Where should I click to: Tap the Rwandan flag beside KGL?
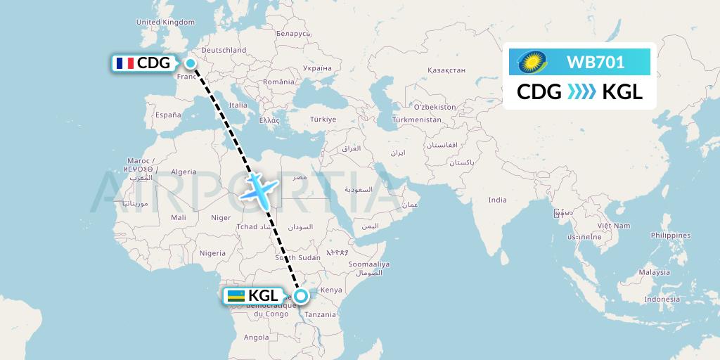[236, 296]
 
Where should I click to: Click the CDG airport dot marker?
[190, 63]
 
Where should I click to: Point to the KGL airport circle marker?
[300, 296]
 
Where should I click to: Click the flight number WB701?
[596, 63]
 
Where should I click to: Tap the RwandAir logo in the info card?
[533, 63]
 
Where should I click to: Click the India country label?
[497, 200]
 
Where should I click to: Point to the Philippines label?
[670, 236]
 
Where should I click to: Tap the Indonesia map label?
[663, 299]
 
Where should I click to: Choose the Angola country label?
[256, 337]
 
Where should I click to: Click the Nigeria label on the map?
[212, 252]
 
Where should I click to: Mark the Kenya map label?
[331, 290]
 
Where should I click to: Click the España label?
[168, 114]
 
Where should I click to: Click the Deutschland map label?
[224, 50]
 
